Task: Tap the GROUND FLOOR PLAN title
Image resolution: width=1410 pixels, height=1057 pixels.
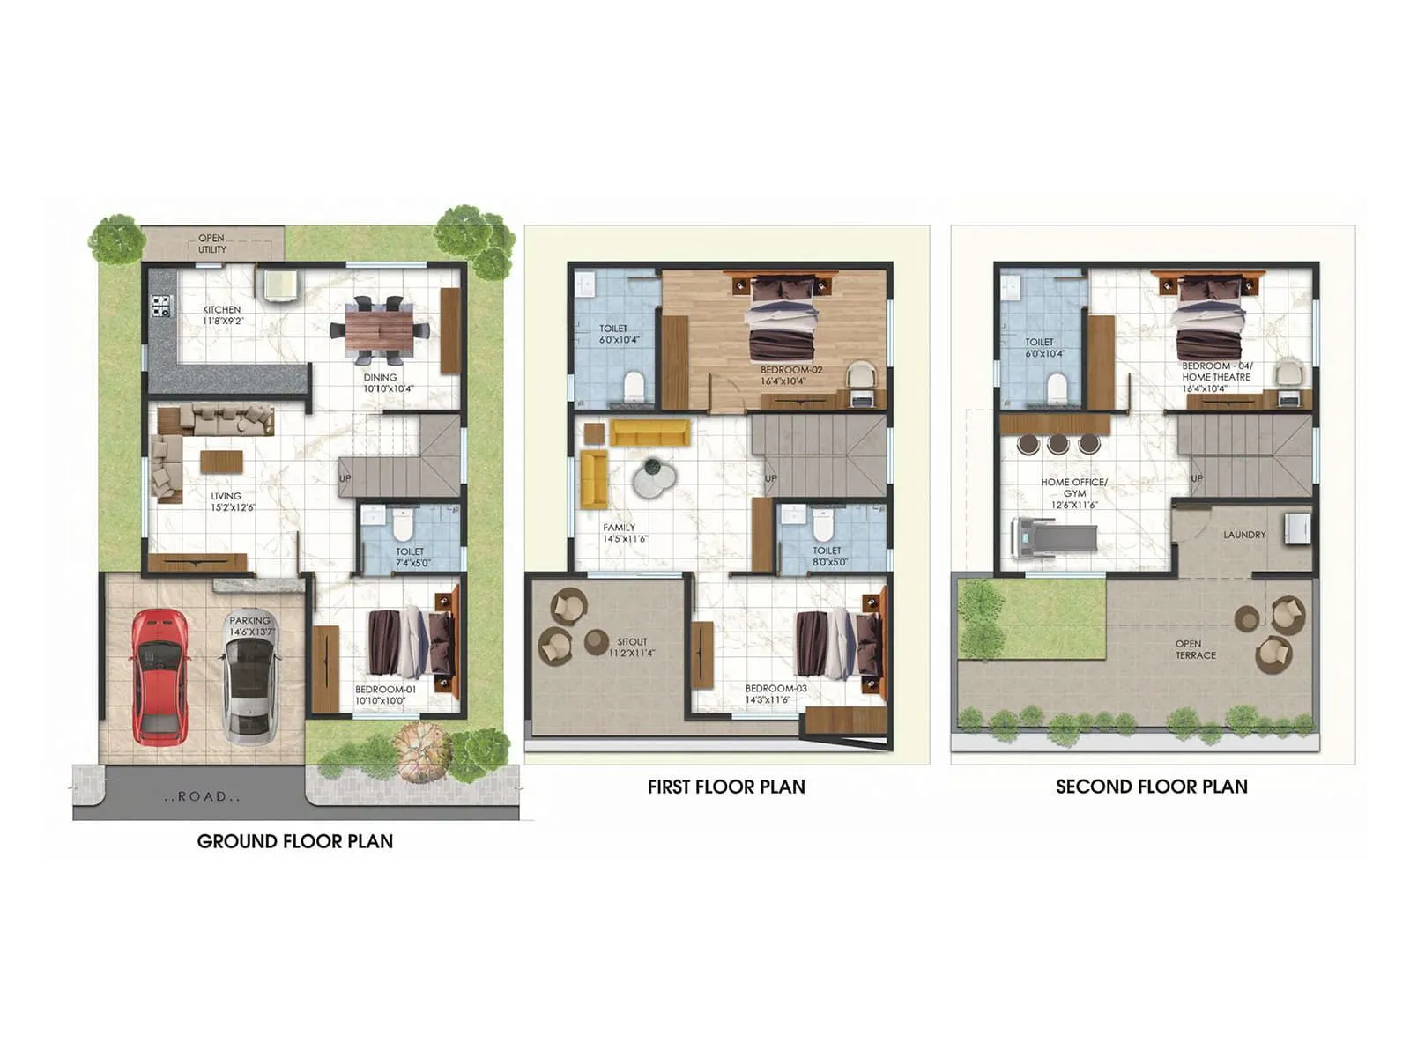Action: (x=295, y=841)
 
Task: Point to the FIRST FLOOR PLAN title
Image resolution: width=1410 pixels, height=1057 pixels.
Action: (x=726, y=787)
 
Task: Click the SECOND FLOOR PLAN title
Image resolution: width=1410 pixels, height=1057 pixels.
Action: (x=1152, y=787)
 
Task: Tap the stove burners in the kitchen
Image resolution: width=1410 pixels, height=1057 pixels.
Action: (x=161, y=306)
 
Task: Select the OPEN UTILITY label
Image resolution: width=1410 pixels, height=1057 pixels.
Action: (x=211, y=244)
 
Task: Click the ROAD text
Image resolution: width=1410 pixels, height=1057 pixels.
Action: (x=203, y=796)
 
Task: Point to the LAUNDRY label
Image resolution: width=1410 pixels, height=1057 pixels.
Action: (x=1244, y=535)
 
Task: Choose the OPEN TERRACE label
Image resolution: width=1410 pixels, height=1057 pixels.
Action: (x=1195, y=649)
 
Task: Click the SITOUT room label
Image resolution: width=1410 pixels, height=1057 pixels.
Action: (x=632, y=647)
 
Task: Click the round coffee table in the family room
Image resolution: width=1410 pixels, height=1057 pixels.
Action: (x=655, y=477)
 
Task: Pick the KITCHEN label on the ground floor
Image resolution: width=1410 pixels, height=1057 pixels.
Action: (x=222, y=314)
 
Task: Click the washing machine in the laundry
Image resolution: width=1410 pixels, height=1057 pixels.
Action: (x=1296, y=528)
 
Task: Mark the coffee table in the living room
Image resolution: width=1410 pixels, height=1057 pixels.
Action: (x=221, y=462)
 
